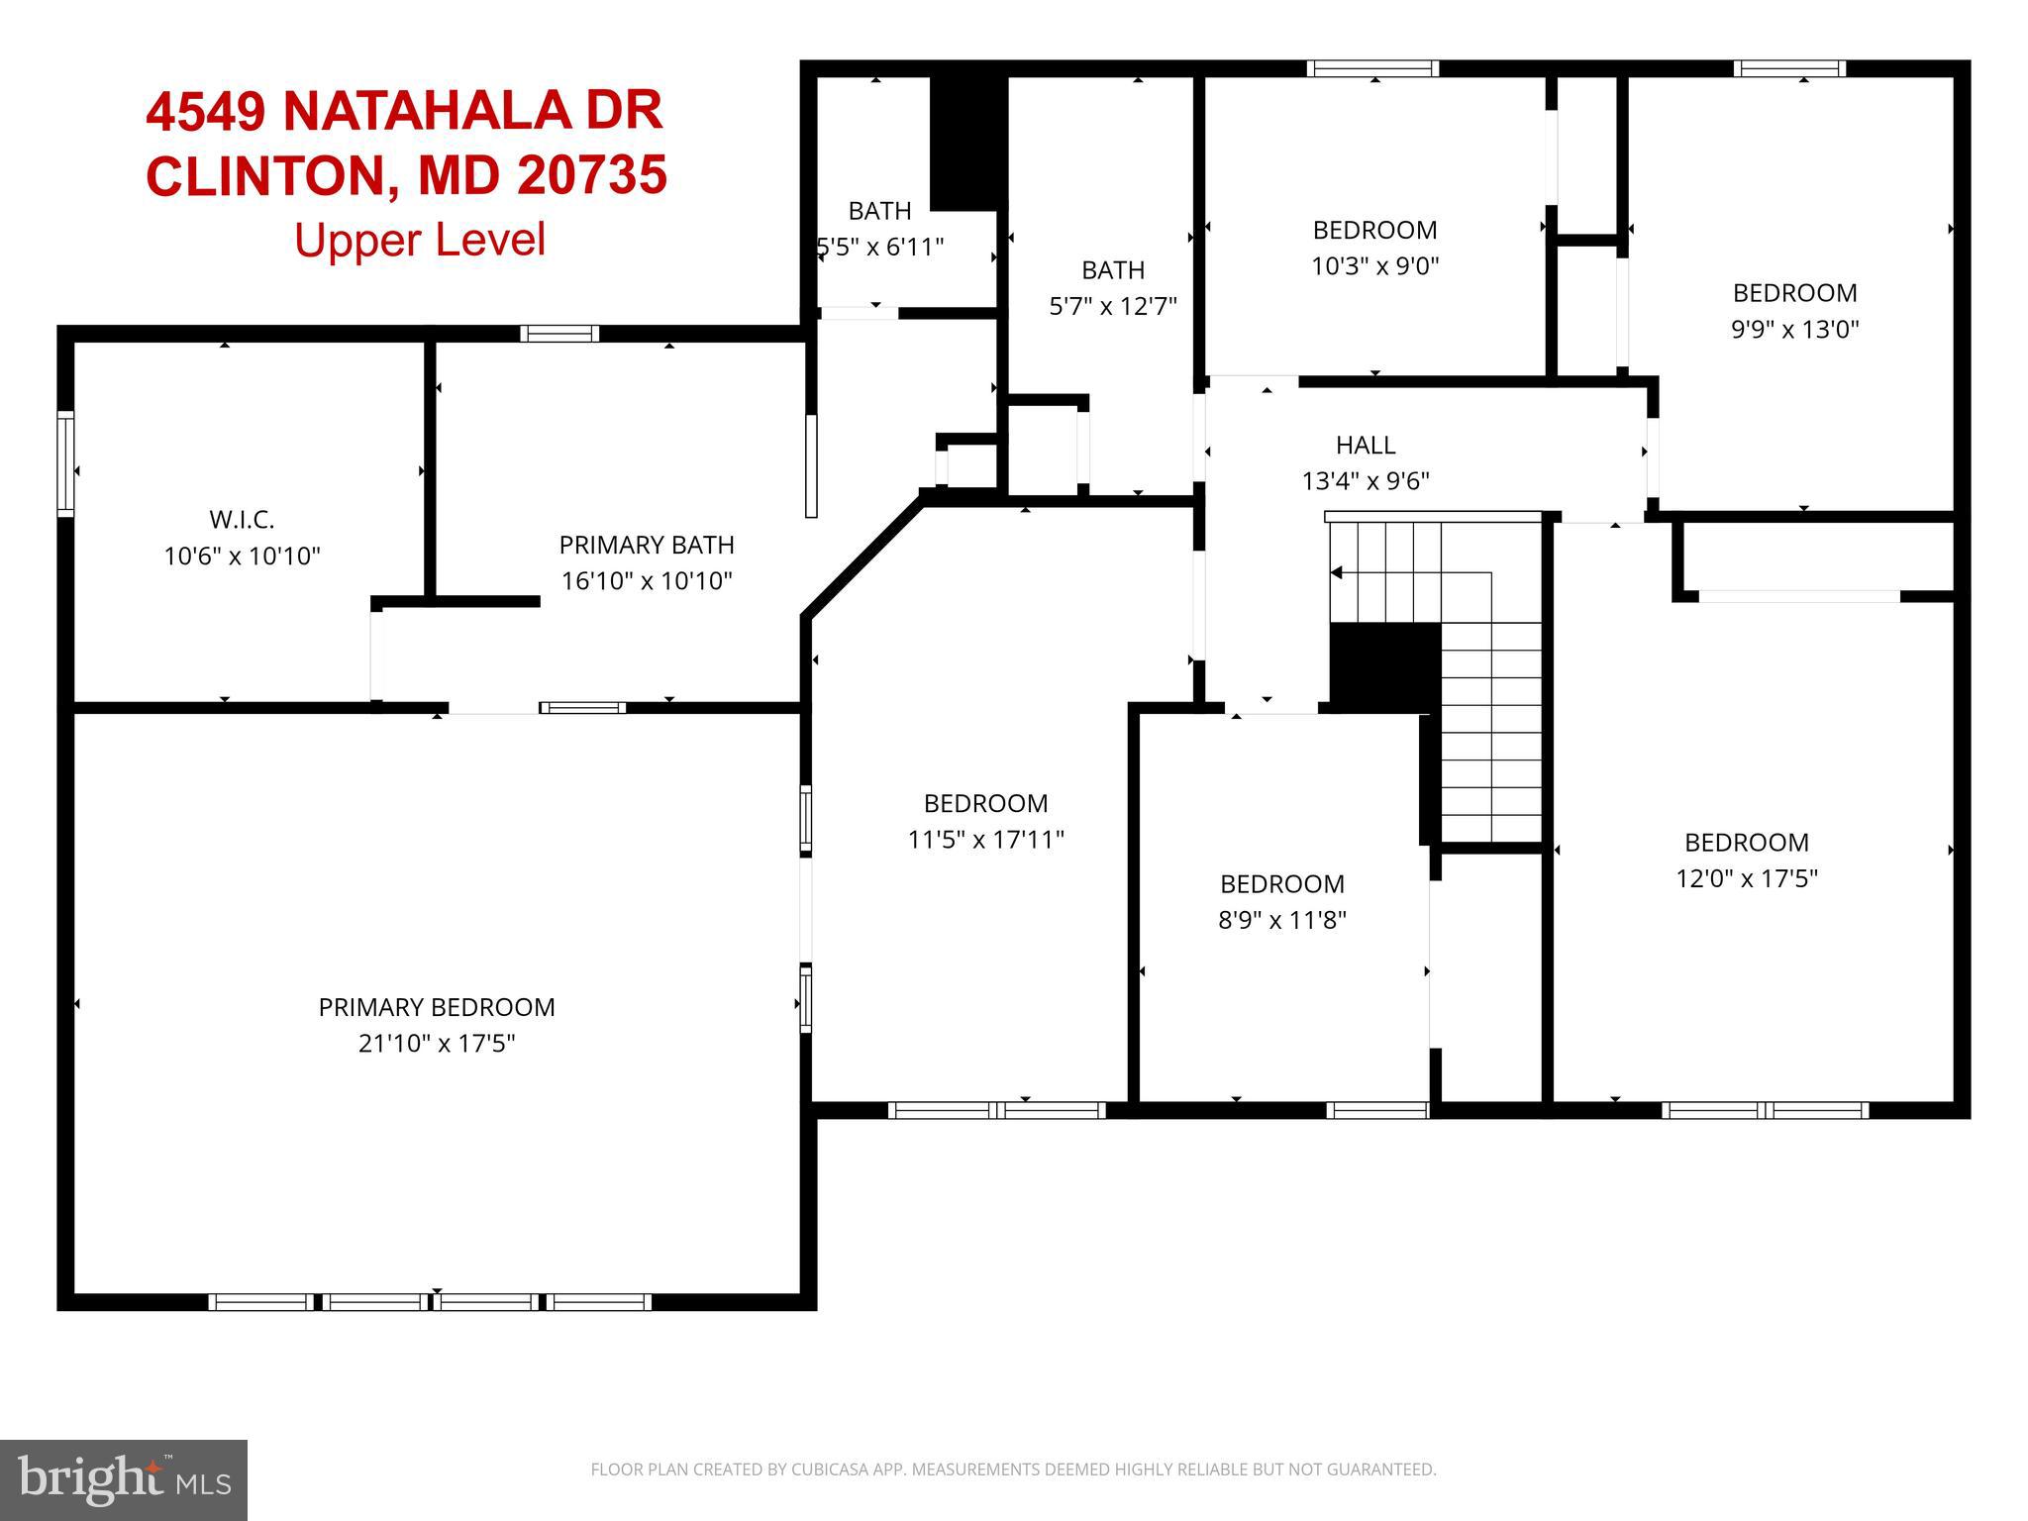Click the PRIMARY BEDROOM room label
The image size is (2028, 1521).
437,1007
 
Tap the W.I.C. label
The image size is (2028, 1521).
242,519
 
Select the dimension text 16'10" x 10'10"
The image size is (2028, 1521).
647,581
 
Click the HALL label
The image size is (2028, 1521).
1366,445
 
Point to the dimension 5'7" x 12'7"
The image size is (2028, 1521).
1113,306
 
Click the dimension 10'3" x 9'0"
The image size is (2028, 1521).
1374,266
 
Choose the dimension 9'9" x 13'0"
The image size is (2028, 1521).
1794,330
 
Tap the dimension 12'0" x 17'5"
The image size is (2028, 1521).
1746,879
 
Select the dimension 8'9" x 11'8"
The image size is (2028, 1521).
1281,921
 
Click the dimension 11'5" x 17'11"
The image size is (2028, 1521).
985,841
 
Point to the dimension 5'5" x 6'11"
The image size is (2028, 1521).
880,247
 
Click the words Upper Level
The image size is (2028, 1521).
420,240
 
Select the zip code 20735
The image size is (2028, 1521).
591,175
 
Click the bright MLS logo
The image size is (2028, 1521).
124,1480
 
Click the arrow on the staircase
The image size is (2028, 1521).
1337,572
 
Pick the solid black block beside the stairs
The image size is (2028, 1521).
1384,666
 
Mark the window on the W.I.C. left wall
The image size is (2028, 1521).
65,463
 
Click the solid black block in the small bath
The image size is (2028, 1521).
967,142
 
